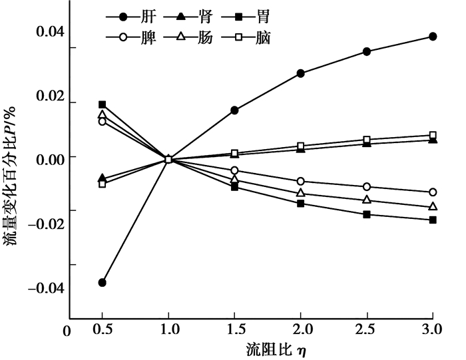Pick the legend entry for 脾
133,37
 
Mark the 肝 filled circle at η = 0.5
103,283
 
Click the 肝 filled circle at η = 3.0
433,37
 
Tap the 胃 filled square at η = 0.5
103,104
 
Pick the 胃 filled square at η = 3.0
433,220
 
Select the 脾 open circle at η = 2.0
301,181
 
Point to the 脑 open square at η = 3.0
433,135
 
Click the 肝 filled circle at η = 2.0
301,73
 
